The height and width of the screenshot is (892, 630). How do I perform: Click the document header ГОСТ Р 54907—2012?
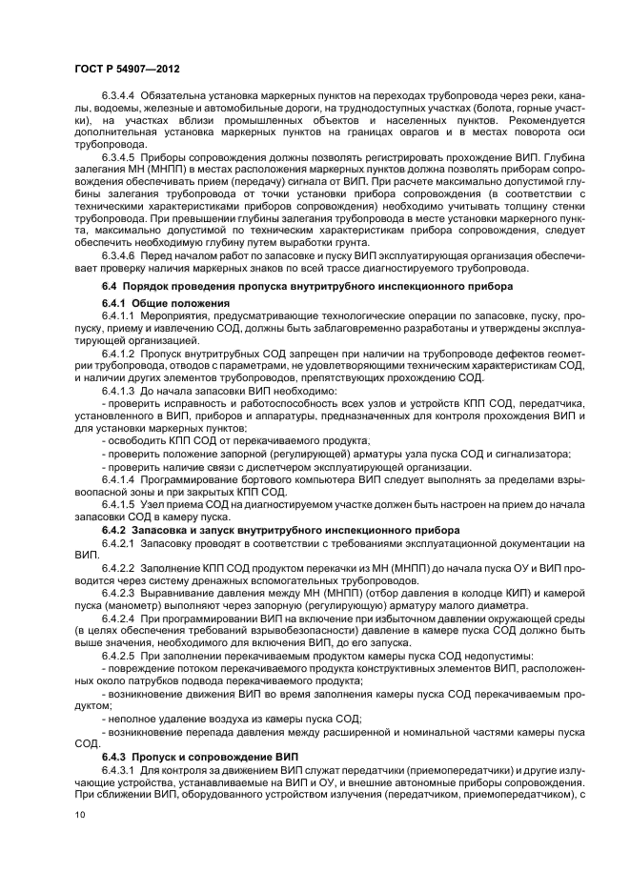127,70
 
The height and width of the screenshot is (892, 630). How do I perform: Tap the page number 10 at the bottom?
80,815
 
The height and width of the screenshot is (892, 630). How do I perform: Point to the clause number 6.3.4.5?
118,154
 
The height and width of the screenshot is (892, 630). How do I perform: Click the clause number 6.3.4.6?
118,254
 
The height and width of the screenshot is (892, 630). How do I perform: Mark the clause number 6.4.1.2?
118,352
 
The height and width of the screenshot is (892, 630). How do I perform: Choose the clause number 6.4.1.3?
118,389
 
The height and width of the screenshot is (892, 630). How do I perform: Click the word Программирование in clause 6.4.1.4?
195,479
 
